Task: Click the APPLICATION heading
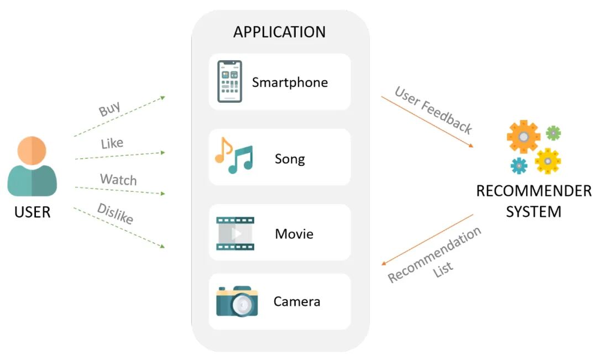(280, 32)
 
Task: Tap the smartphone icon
(229, 81)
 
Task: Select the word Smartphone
(290, 82)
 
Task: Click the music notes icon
(234, 155)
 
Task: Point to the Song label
(290, 159)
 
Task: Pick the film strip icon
(235, 233)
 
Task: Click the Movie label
(294, 234)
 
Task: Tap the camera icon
(237, 301)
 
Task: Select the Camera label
(297, 302)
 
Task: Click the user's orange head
(32, 151)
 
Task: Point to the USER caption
(33, 212)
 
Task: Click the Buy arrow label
(109, 108)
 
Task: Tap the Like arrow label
(112, 144)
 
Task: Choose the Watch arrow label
(118, 179)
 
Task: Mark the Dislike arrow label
(116, 213)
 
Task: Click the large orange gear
(523, 137)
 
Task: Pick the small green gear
(553, 133)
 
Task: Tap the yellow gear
(547, 161)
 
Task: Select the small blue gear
(519, 166)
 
